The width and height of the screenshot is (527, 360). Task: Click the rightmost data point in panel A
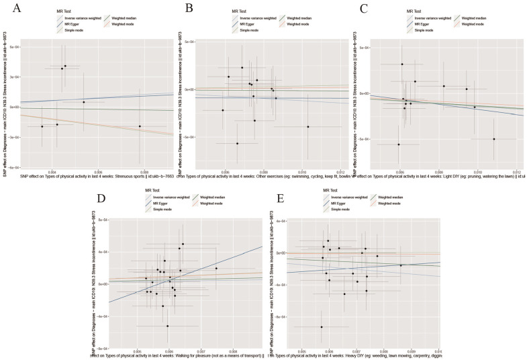pyautogui.click(x=140, y=126)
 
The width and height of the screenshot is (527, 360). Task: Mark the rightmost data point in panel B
pyautogui.click(x=308, y=126)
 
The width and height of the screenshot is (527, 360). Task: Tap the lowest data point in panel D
pyautogui.click(x=168, y=326)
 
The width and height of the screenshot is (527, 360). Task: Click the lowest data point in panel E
pyautogui.click(x=321, y=327)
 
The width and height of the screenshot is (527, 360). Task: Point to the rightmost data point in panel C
pyautogui.click(x=494, y=139)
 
